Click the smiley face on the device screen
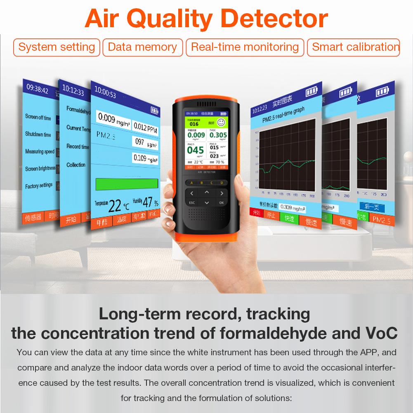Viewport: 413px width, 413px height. click(220, 123)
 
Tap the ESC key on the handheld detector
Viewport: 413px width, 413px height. click(192, 203)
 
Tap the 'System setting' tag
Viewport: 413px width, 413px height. click(57, 47)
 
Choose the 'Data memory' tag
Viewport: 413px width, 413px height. click(142, 47)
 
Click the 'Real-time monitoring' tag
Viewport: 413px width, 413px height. click(245, 47)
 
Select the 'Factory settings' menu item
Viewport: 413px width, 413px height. click(39, 186)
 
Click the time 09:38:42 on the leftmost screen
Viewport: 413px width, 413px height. click(38, 90)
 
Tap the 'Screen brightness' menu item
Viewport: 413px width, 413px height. click(40, 168)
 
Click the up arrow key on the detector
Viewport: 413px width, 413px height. click(207, 192)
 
